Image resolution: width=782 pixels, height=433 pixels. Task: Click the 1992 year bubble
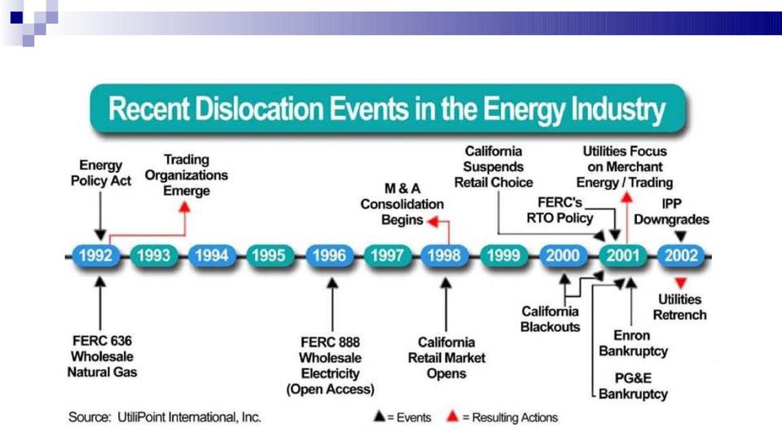coord(96,256)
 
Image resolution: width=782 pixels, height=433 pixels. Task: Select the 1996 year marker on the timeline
coord(329,256)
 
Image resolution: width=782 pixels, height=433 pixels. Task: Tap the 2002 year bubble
coord(681,256)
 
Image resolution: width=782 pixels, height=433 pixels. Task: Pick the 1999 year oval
coord(503,256)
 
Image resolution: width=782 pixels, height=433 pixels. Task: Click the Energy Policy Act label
coord(101,173)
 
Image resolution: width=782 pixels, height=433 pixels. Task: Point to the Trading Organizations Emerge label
coord(186,175)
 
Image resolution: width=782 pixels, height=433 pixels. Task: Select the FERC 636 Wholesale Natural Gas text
coord(103,356)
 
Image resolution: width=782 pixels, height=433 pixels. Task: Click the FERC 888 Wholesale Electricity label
coord(330,365)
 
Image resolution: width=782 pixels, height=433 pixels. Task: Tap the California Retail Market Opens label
coord(446,358)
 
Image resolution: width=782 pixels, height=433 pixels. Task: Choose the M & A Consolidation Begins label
coord(402,204)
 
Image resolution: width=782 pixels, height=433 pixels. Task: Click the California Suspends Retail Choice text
coord(494,167)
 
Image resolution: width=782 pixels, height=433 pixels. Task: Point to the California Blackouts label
coord(550,319)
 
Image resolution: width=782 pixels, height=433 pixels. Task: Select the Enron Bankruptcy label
coord(633,343)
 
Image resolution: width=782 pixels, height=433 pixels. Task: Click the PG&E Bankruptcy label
coord(633,386)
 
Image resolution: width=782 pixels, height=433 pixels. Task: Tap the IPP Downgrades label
coord(671,212)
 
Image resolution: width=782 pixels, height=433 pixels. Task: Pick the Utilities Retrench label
coord(679,307)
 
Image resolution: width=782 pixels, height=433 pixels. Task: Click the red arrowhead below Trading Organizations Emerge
coord(185,207)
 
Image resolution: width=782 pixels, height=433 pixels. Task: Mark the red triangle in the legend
coord(452,416)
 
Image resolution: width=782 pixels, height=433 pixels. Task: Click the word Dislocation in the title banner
coord(259,109)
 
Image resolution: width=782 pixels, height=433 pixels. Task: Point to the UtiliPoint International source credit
coord(165,417)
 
